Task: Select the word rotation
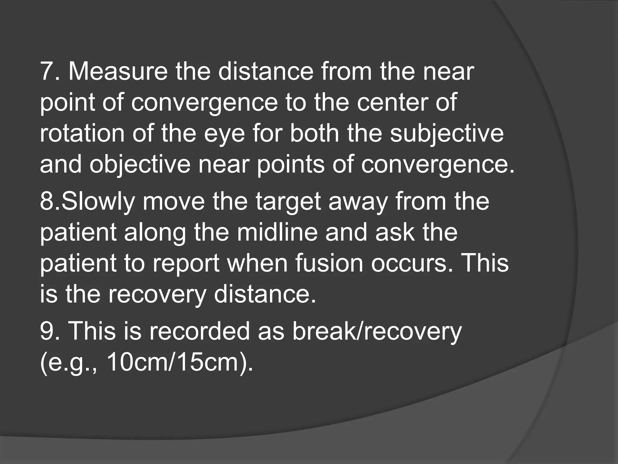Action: (82, 134)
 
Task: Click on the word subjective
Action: (447, 134)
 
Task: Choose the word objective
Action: (140, 165)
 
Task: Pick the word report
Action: (185, 264)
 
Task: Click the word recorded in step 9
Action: (199, 331)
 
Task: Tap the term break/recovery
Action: (377, 331)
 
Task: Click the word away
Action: (358, 202)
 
